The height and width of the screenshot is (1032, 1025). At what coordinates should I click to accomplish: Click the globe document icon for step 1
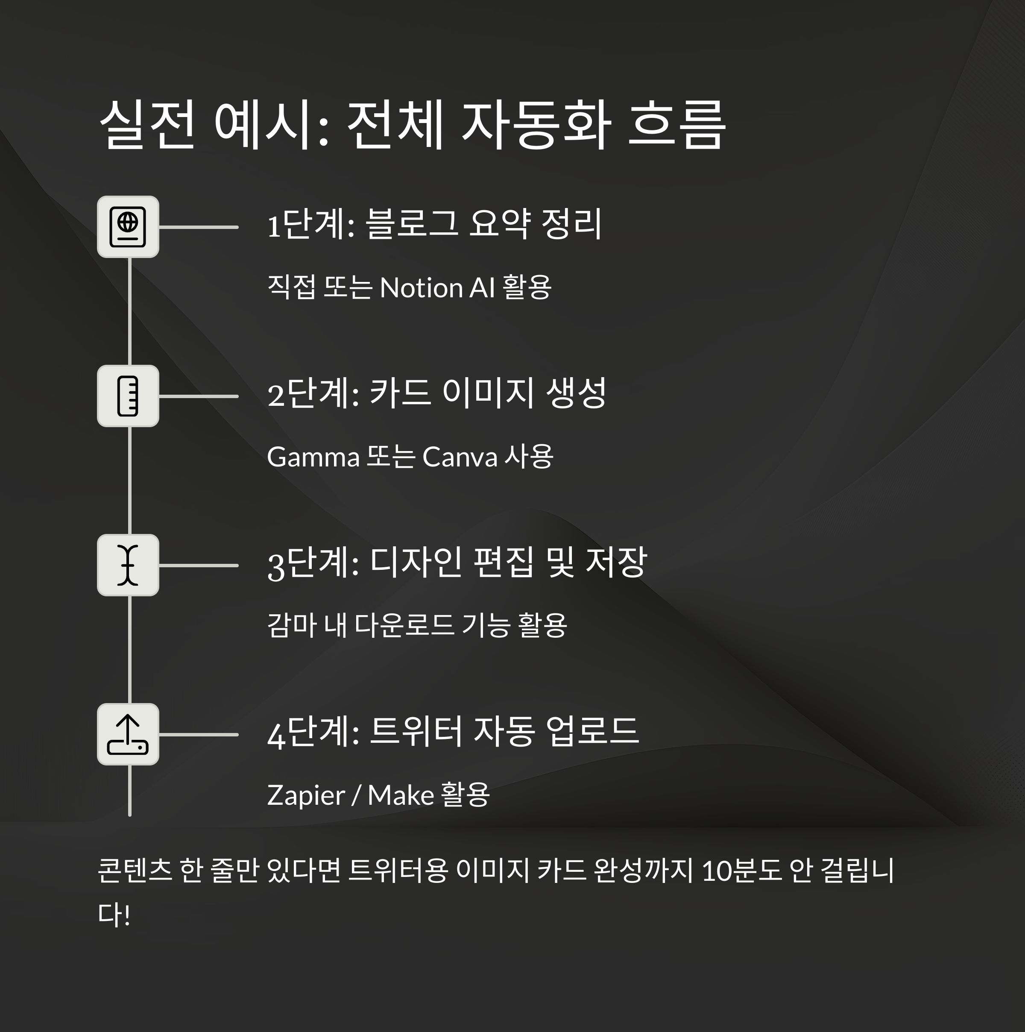tap(128, 227)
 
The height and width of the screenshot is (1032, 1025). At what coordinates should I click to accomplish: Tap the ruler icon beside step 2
tap(128, 396)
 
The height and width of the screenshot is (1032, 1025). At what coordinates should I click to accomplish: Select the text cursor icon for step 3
tap(128, 565)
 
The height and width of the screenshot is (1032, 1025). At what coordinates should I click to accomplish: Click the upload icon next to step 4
tap(128, 734)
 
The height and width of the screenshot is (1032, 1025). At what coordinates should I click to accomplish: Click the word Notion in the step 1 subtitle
tap(421, 288)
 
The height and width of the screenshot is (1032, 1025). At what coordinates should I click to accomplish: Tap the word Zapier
tap(305, 795)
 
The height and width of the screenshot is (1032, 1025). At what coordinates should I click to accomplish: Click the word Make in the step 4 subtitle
tap(401, 795)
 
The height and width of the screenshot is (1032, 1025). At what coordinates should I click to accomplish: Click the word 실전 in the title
tap(147, 125)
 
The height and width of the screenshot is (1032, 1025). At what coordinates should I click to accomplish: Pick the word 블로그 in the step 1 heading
tap(411, 224)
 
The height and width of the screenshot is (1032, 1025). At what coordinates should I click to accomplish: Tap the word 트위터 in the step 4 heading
tap(416, 731)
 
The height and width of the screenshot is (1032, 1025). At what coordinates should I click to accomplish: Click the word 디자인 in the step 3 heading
tap(416, 562)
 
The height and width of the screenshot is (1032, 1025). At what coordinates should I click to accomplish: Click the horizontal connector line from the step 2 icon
tap(198, 396)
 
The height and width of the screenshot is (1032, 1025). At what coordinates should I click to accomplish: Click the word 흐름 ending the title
tap(676, 125)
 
